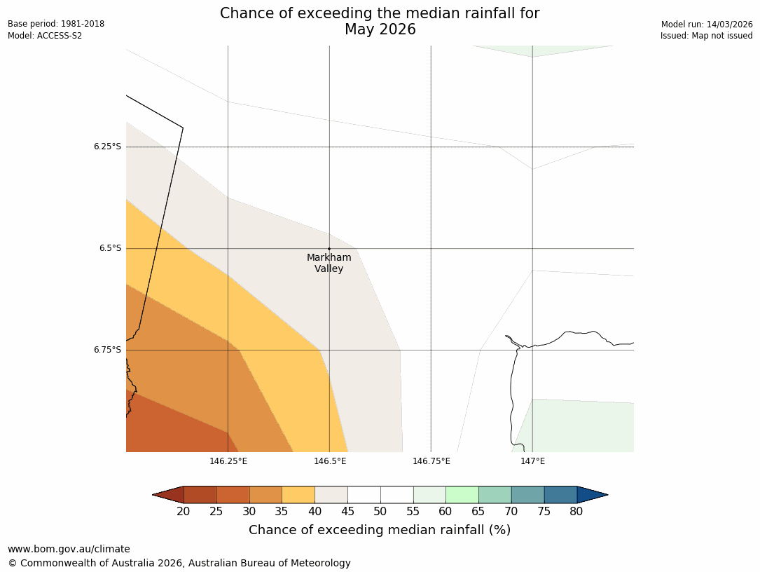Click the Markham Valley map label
point(329,263)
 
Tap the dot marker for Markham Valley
point(329,249)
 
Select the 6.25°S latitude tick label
point(107,147)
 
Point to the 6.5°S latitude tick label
point(109,248)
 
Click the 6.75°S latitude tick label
point(107,350)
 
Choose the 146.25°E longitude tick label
point(228,461)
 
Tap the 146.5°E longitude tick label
point(330,461)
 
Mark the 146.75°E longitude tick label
point(431,461)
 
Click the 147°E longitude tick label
point(532,461)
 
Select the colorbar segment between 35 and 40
point(298,495)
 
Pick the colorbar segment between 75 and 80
point(560,495)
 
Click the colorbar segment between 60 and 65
point(462,495)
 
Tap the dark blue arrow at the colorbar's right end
point(592,495)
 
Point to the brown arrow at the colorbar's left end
point(168,495)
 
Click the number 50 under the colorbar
point(380,512)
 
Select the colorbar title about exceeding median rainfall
point(380,530)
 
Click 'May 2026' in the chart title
point(380,29)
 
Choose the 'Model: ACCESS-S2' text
point(45,36)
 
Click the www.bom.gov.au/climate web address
point(69,549)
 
